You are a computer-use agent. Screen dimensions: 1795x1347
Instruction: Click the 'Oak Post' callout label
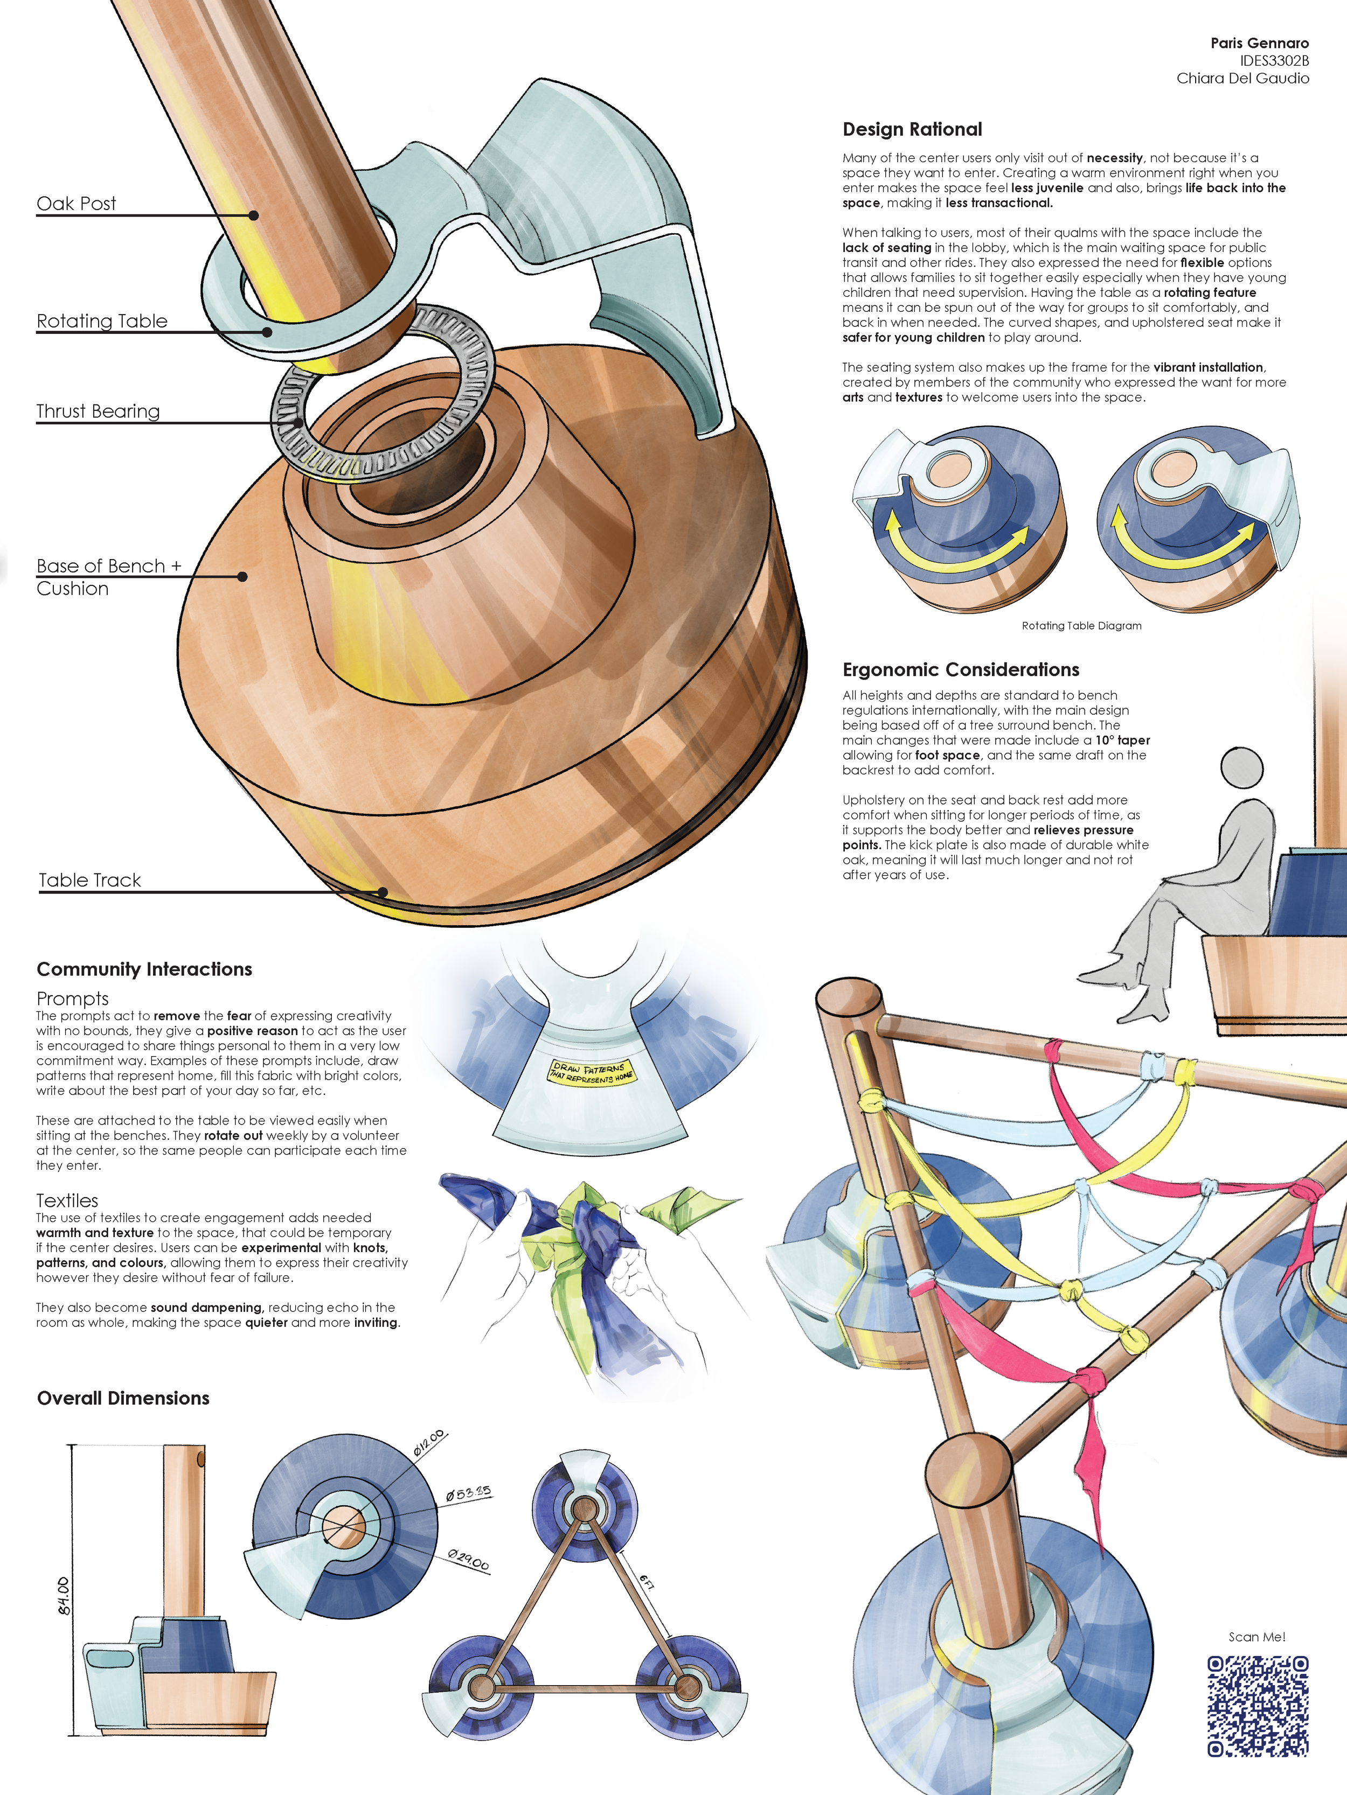tap(77, 203)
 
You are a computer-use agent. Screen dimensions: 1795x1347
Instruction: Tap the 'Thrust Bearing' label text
tap(98, 411)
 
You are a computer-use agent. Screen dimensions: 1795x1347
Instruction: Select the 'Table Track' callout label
tap(90, 881)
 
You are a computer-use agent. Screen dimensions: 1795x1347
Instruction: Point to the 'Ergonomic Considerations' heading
tap(961, 670)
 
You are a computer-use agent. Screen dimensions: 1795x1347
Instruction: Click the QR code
tap(1257, 1706)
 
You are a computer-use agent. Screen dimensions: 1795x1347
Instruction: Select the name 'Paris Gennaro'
tap(1259, 43)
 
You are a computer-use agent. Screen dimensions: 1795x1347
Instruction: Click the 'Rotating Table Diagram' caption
tap(1081, 626)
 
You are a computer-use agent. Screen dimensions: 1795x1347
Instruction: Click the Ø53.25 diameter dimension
tap(468, 1493)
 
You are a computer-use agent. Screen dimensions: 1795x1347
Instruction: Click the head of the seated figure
tap(1242, 767)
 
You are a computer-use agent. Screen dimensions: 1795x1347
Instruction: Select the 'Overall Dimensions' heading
tap(123, 1398)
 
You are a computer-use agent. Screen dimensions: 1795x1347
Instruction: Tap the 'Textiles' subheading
tap(67, 1200)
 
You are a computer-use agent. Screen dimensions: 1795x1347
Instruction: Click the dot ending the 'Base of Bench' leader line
tap(242, 577)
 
